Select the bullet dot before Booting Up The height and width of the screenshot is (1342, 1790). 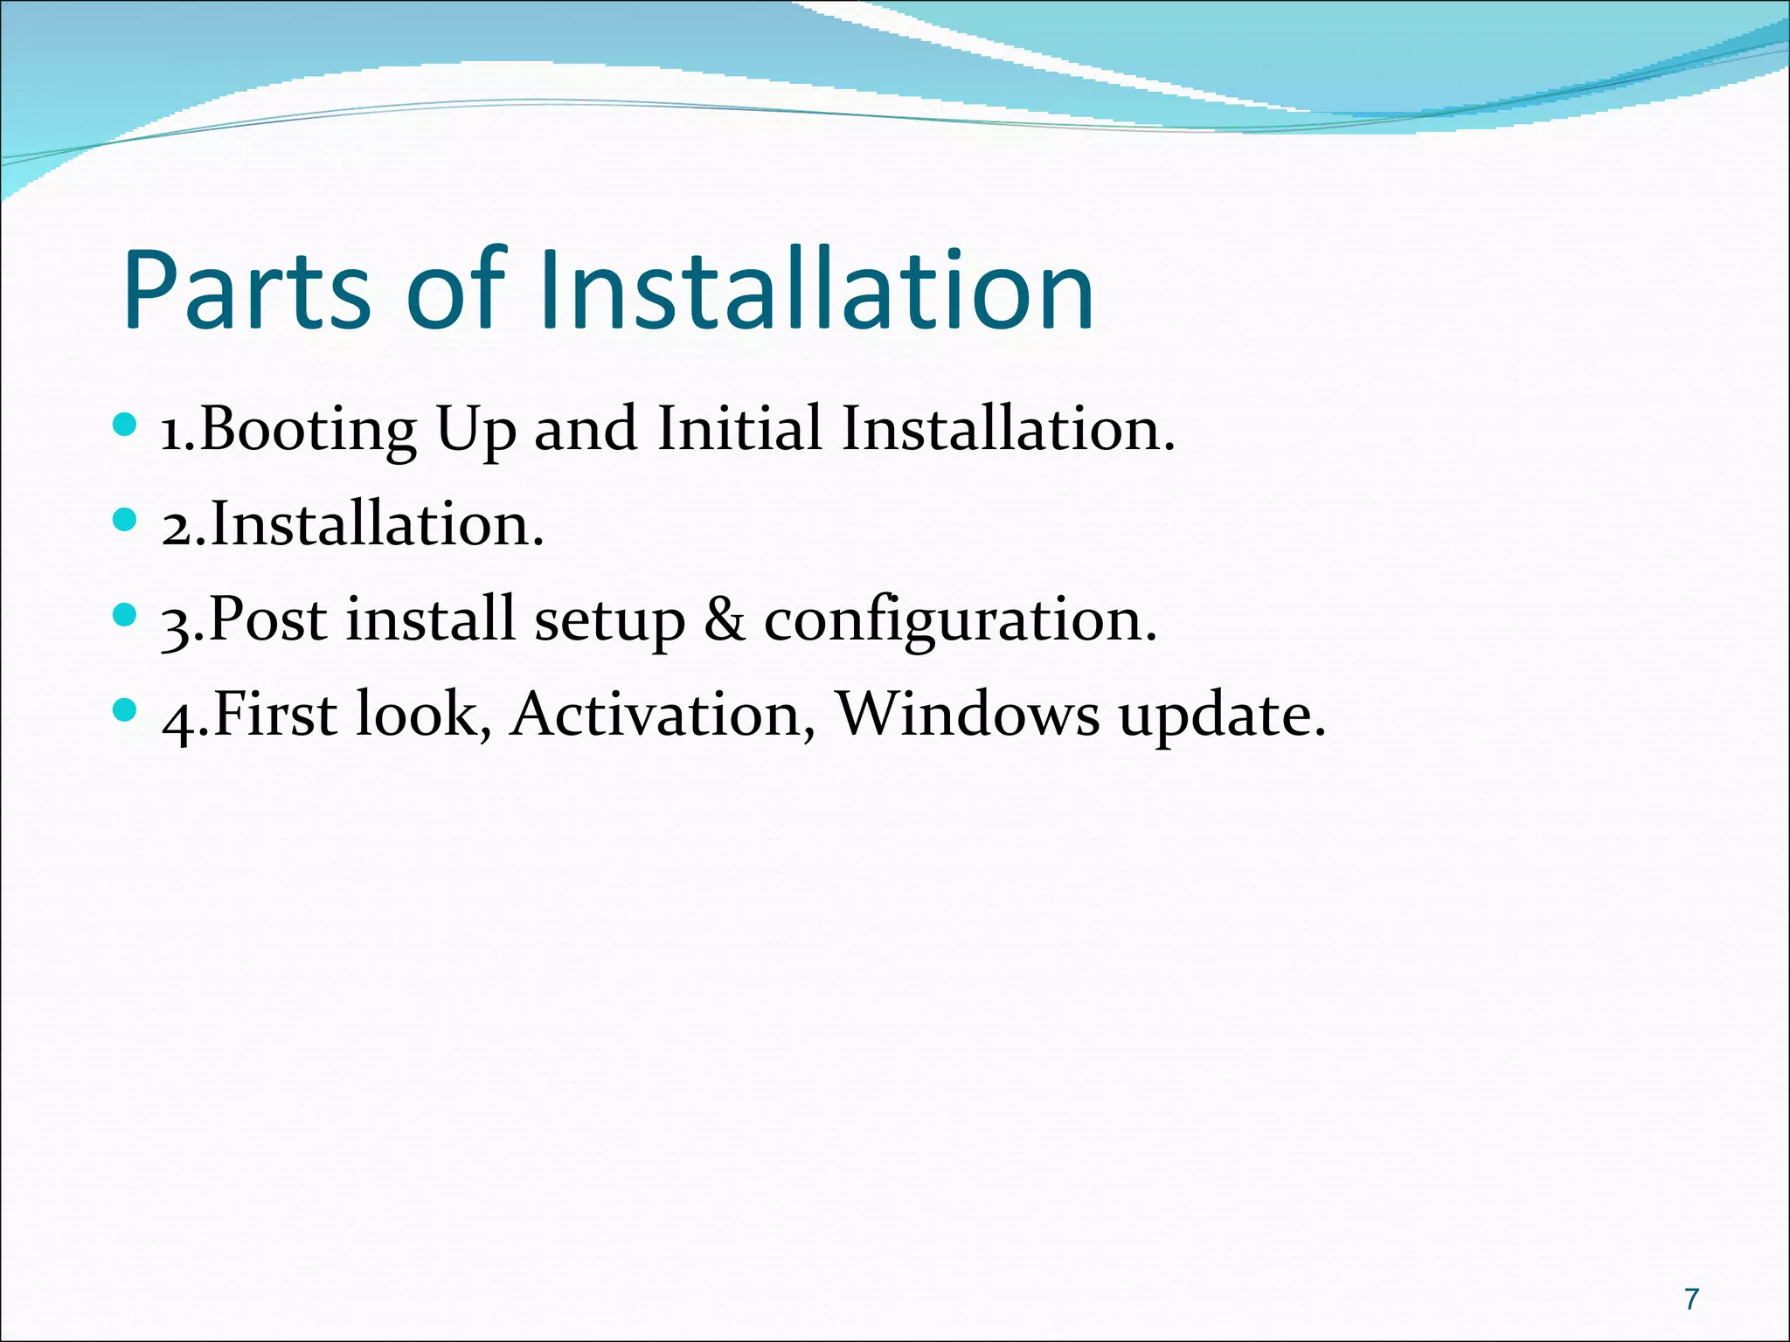click(x=126, y=425)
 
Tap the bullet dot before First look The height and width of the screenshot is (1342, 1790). click(x=126, y=710)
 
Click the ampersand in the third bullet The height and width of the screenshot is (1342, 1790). click(x=725, y=619)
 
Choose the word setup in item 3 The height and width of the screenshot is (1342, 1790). click(x=609, y=621)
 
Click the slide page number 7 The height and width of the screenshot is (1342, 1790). click(x=1692, y=1299)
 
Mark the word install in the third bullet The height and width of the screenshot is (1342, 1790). click(x=429, y=619)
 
